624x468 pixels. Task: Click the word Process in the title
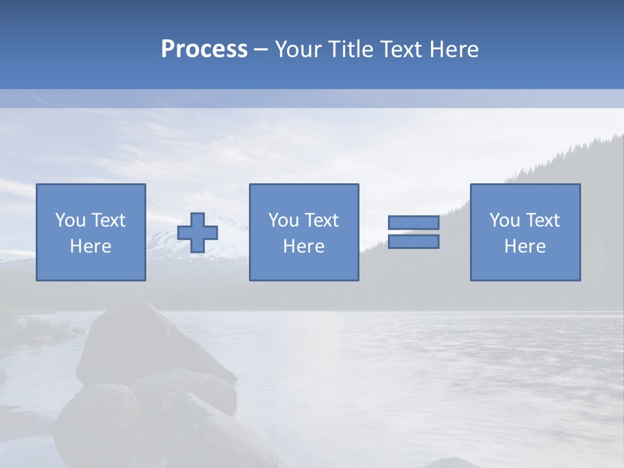(x=204, y=49)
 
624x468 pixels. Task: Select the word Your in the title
(x=298, y=49)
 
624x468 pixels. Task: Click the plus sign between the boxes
(x=198, y=233)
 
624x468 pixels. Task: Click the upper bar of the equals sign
(x=413, y=222)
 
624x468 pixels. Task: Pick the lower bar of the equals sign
(x=413, y=242)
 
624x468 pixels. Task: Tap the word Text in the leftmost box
(x=109, y=220)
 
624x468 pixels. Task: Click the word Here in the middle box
(x=304, y=246)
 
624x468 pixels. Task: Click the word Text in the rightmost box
(x=543, y=220)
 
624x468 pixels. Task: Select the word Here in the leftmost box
(x=90, y=246)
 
